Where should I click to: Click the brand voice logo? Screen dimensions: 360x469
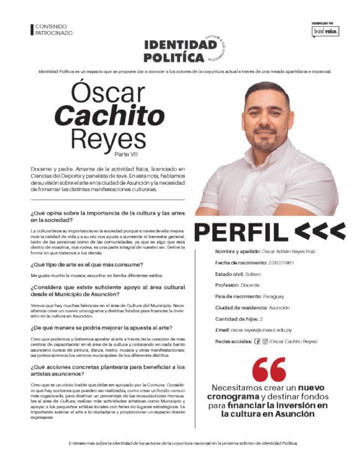[x=326, y=31]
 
